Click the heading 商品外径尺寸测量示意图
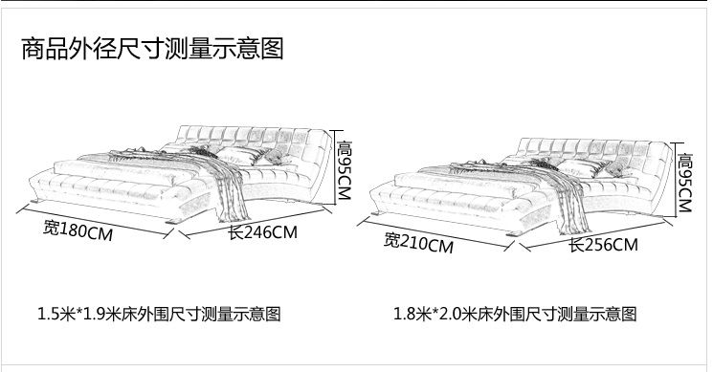[153, 49]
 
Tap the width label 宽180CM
[78, 230]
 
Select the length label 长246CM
[263, 232]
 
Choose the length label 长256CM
[603, 245]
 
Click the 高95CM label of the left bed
[345, 169]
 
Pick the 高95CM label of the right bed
[685, 183]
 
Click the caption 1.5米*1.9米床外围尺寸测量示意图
[159, 314]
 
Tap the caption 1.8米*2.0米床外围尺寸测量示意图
[515, 314]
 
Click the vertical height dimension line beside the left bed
[336, 167]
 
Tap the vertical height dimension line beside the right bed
[677, 181]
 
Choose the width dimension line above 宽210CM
[436, 234]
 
